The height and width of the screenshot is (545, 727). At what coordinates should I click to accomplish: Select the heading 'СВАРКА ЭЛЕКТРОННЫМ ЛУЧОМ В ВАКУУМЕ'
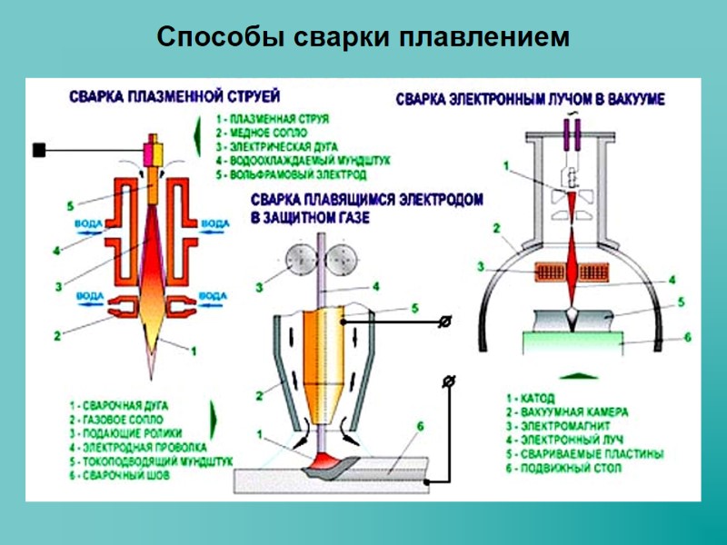(530, 100)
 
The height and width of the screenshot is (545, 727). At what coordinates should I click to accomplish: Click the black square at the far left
(39, 150)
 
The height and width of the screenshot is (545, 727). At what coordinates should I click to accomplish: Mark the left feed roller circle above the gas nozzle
(295, 259)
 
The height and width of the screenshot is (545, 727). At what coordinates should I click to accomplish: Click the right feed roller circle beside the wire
(347, 259)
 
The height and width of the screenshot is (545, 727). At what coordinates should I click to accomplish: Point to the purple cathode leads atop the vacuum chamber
(573, 134)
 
